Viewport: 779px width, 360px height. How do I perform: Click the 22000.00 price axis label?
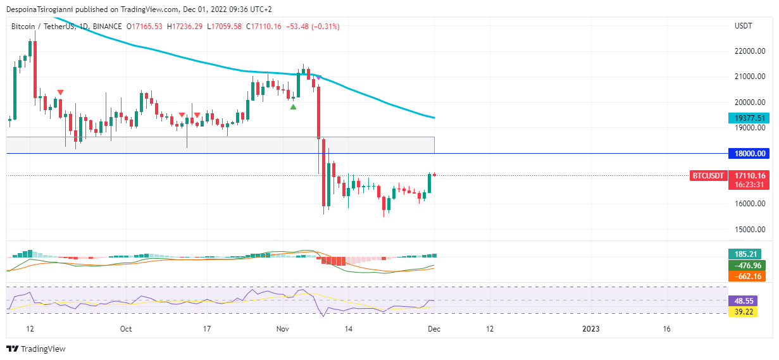tap(750, 52)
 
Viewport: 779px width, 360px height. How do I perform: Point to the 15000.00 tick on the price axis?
tap(750, 230)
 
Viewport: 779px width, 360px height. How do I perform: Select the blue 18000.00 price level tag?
tap(750, 154)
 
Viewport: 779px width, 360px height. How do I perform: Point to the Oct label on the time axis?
tap(126, 329)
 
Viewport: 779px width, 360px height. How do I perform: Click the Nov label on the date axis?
tap(282, 329)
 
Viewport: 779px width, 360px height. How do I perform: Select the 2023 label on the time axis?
tap(590, 329)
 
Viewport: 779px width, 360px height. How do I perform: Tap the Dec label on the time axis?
tap(434, 329)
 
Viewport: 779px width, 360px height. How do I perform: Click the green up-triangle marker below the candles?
tap(293, 107)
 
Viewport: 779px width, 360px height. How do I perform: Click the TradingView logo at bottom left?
tap(36, 349)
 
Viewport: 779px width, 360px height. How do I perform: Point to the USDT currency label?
tap(743, 27)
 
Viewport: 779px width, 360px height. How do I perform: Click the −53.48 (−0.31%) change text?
tap(313, 27)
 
